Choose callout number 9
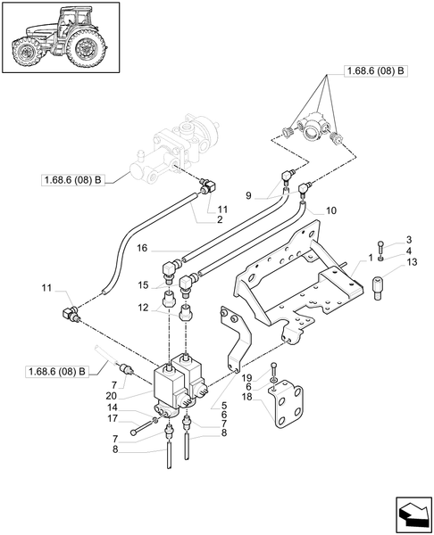point(250,193)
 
